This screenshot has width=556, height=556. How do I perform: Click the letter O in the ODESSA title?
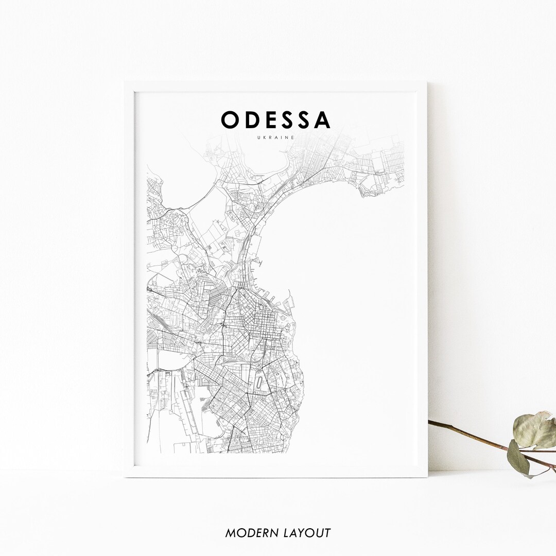click(230, 120)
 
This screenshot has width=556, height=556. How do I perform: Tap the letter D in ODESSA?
click(252, 120)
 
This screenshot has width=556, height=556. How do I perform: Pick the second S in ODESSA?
click(305, 120)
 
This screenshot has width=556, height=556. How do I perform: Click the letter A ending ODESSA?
click(322, 120)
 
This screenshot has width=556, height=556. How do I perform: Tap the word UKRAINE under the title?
click(276, 137)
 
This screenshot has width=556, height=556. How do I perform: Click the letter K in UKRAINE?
click(264, 137)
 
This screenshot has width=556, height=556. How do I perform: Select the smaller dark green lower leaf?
click(518, 458)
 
